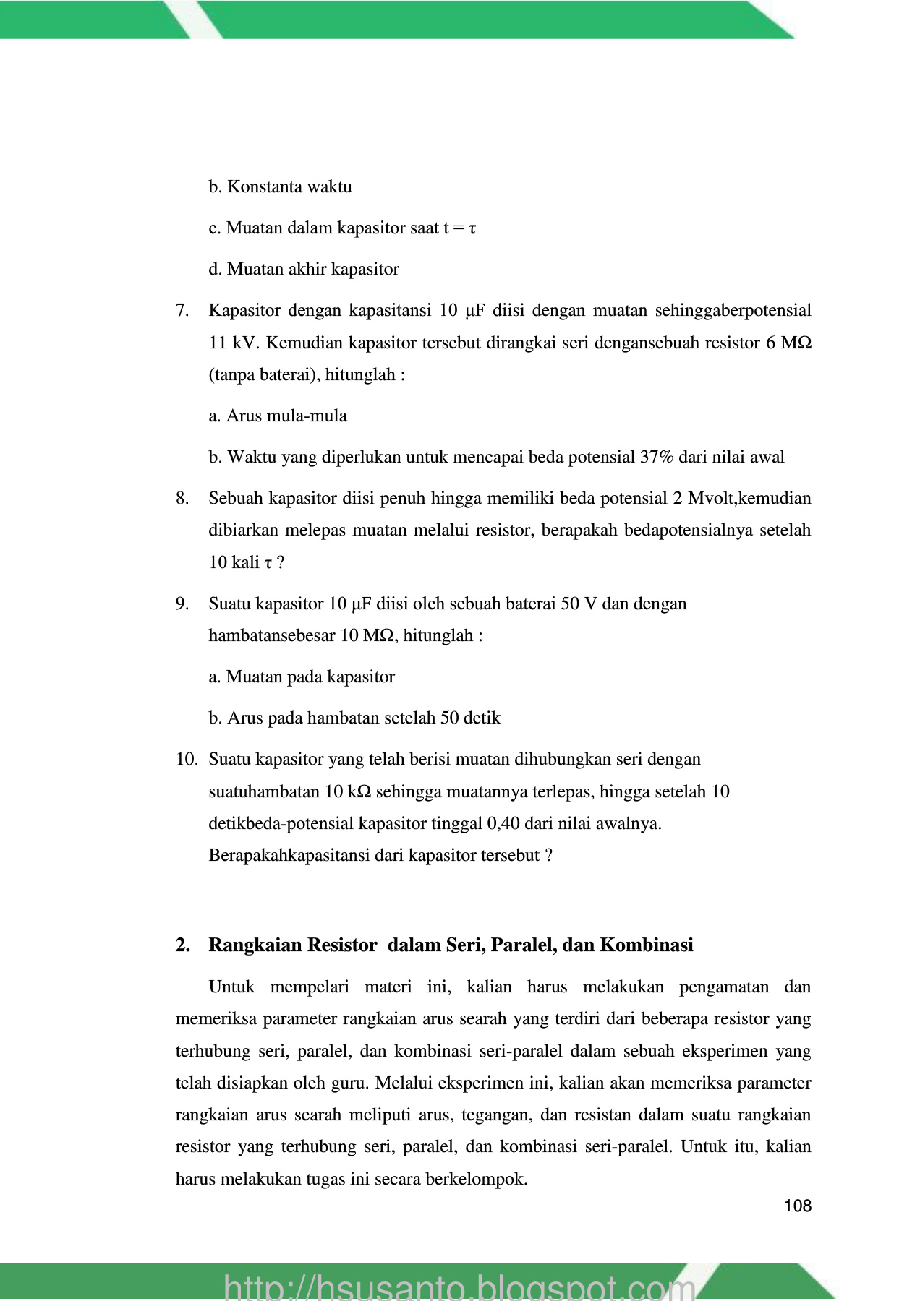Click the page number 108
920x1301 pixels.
[797, 1206]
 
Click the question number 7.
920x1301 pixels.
[182, 311]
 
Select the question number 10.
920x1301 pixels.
[187, 760]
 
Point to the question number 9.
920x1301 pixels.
[182, 604]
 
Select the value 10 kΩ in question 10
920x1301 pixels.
[348, 791]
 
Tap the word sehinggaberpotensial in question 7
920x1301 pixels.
[733, 311]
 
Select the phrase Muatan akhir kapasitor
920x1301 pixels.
[312, 270]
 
